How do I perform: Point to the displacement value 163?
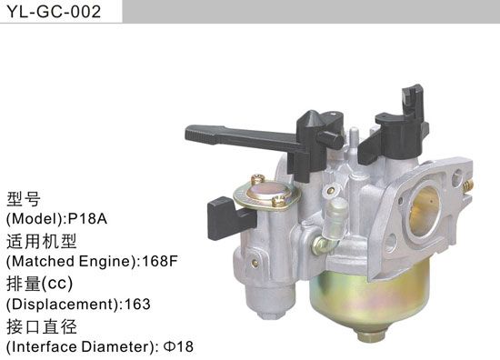tap(137, 304)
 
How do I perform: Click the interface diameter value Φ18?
tap(179, 345)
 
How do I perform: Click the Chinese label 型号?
tap(25, 199)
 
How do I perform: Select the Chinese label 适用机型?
tap(42, 241)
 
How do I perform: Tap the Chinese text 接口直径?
tap(42, 325)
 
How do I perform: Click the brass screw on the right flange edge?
tap(465, 186)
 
